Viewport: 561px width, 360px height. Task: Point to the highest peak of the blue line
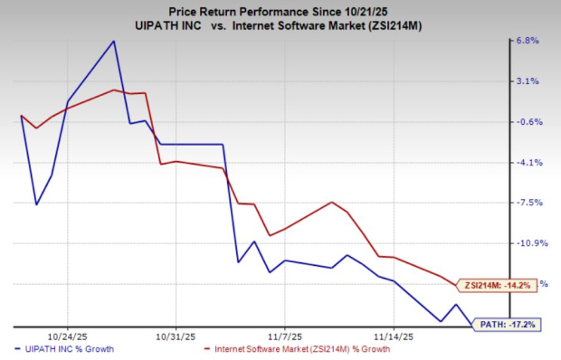click(x=113, y=41)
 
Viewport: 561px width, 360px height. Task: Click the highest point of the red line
click(x=113, y=90)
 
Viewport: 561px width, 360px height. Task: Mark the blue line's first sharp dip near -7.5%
click(x=36, y=204)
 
